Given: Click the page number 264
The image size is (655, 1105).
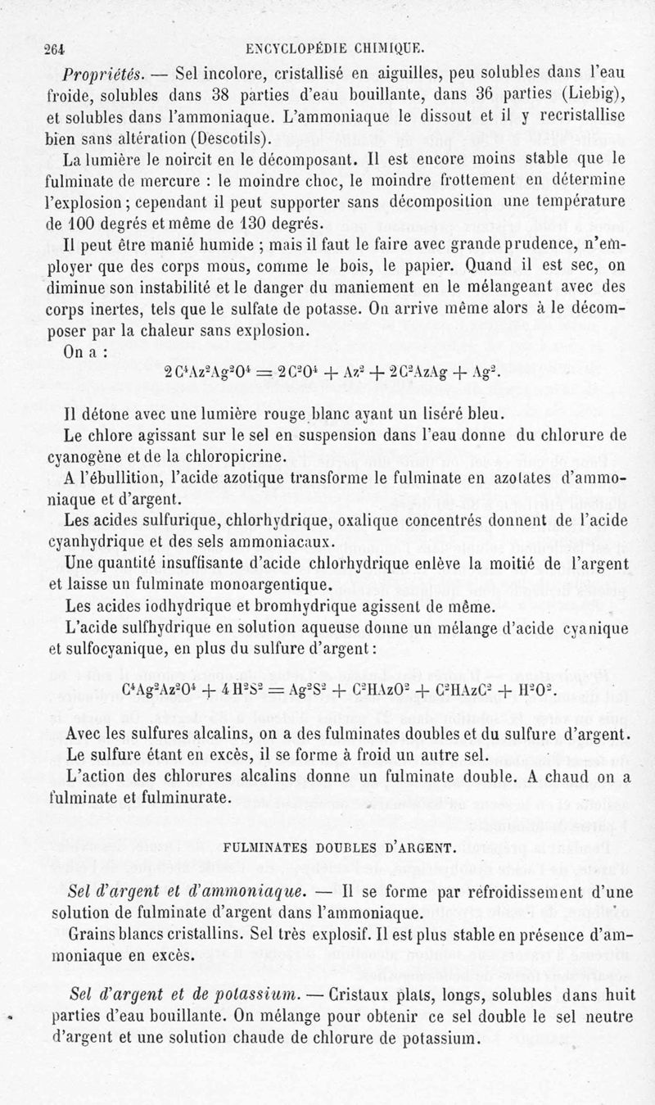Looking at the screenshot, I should point(55,47).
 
